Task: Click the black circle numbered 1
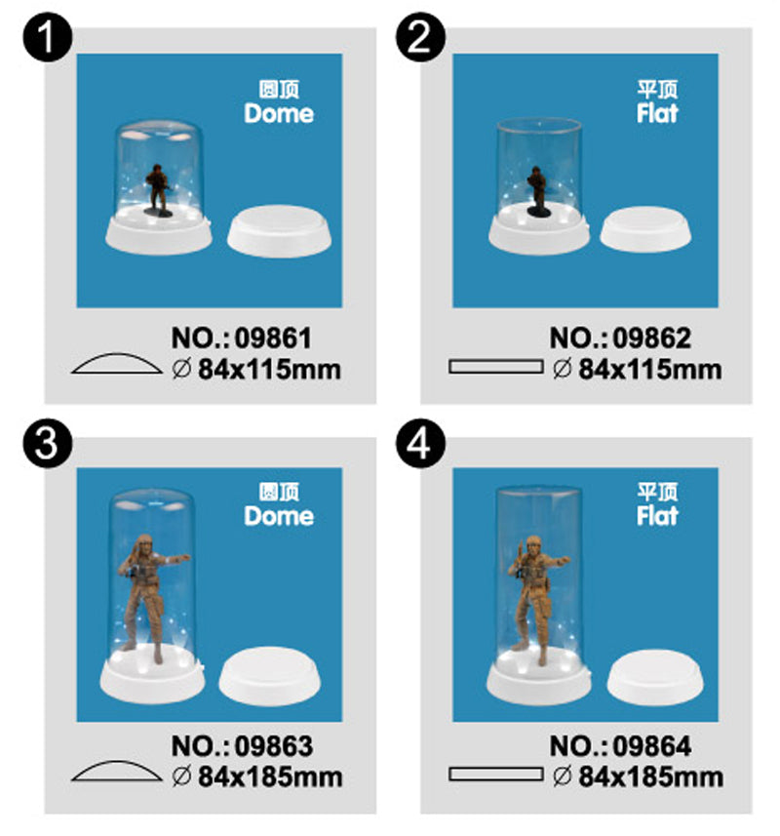(x=48, y=37)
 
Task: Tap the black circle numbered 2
(x=421, y=37)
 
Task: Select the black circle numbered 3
(x=48, y=444)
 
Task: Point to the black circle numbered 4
(x=421, y=444)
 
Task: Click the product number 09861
(x=273, y=338)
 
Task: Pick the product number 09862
(x=651, y=338)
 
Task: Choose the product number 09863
(x=274, y=746)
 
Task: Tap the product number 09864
(x=651, y=746)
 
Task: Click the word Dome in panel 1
(x=279, y=113)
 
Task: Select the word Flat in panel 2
(x=657, y=113)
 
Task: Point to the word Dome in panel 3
(x=279, y=516)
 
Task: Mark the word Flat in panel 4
(x=657, y=516)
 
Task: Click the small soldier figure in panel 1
(x=158, y=190)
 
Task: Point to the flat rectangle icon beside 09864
(x=495, y=775)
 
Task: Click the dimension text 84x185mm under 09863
(x=270, y=776)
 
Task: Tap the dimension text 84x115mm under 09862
(x=650, y=369)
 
